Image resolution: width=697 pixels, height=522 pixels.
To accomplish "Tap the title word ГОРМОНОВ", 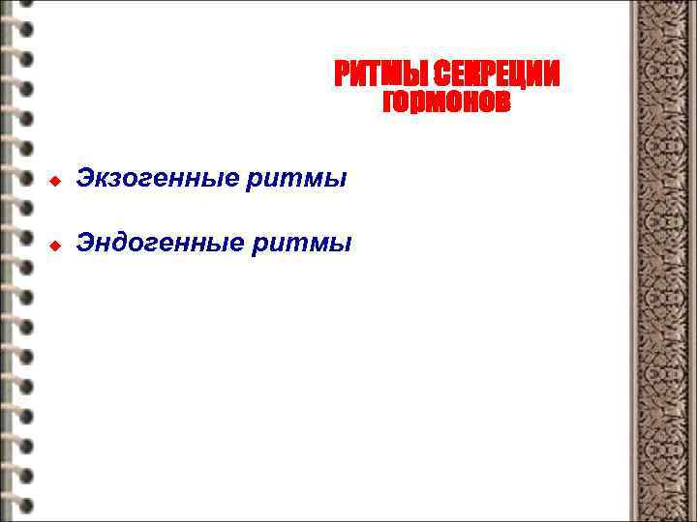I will click(x=445, y=101).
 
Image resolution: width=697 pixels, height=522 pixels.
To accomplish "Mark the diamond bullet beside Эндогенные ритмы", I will click(x=55, y=246).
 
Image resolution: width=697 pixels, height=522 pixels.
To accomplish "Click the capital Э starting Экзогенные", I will click(x=85, y=180).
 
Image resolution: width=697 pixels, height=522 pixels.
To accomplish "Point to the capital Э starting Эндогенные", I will click(x=85, y=244).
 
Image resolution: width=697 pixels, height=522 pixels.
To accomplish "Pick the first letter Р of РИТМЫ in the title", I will click(x=342, y=73).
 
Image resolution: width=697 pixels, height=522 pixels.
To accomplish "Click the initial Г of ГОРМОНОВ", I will click(x=389, y=101).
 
